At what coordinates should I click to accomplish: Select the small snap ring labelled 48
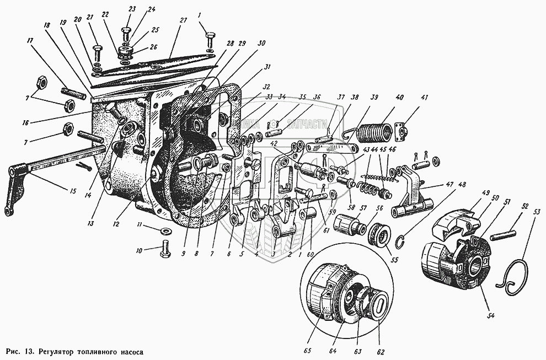point(404,239)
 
